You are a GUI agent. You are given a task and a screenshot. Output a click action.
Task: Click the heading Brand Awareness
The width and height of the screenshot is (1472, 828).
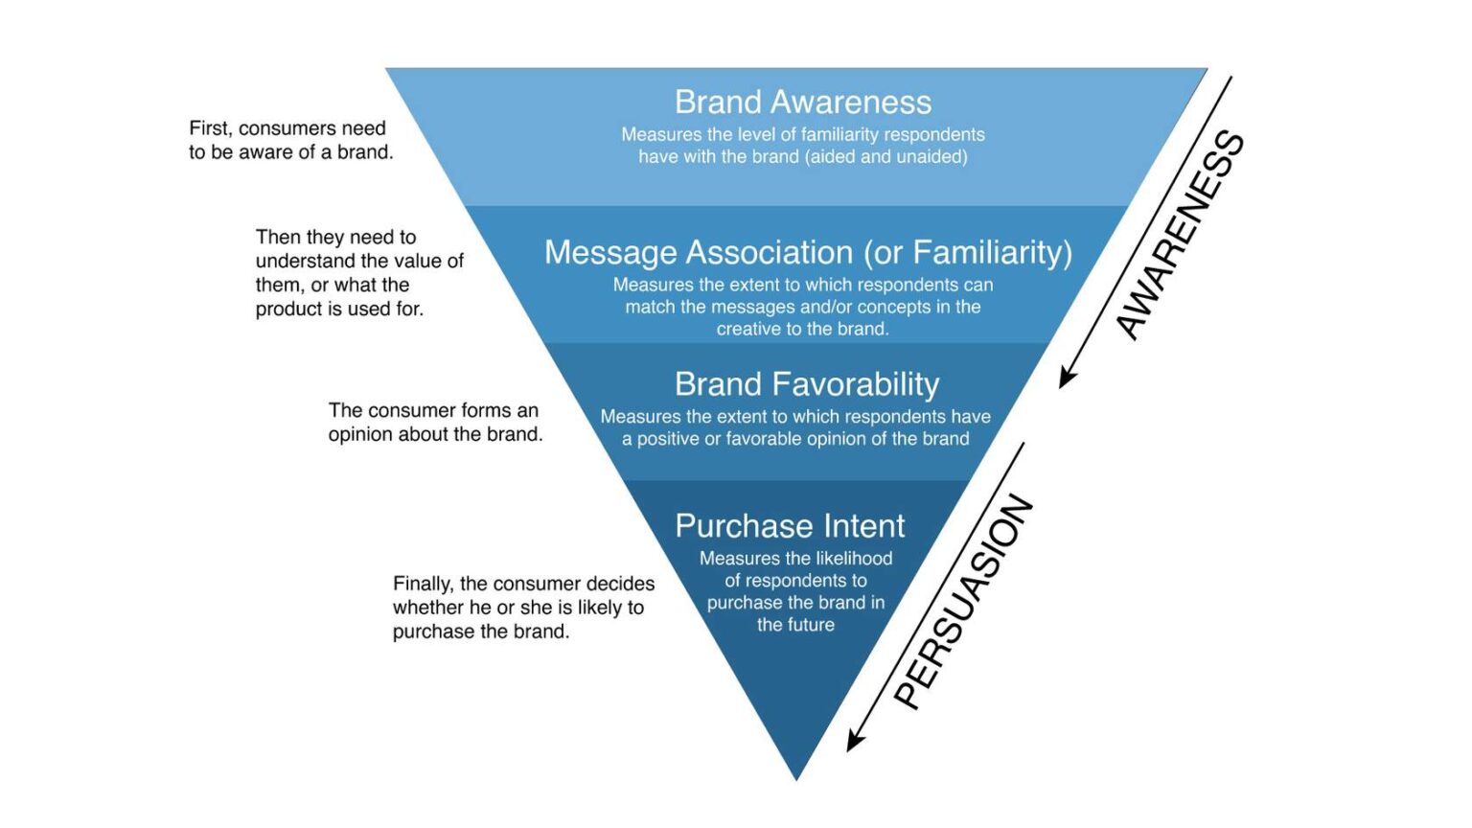(x=802, y=102)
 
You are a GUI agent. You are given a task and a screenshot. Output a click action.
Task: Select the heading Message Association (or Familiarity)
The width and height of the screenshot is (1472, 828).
(x=808, y=252)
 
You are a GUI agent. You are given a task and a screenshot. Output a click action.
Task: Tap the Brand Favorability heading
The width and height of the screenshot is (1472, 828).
(x=806, y=384)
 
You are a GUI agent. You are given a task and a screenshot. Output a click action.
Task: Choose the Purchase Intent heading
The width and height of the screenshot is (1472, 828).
(x=789, y=526)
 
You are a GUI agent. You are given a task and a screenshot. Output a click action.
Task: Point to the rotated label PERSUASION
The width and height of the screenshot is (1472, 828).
(x=963, y=601)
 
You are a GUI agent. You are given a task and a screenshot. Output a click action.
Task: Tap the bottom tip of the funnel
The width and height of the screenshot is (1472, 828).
(x=795, y=777)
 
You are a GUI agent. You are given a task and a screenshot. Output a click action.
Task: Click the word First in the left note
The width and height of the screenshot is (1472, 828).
(x=208, y=128)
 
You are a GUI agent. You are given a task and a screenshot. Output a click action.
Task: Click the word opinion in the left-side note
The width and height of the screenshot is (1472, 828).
(x=359, y=434)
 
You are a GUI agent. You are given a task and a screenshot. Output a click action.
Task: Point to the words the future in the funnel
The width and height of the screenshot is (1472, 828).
(x=795, y=625)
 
